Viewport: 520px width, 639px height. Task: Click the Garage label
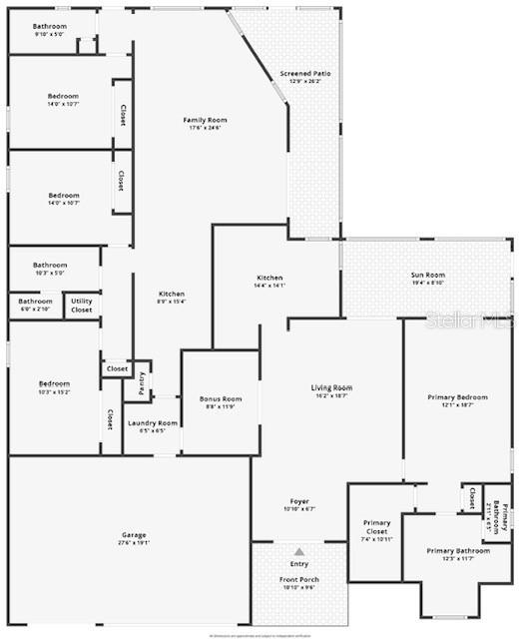(127, 535)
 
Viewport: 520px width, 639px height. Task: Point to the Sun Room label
(428, 275)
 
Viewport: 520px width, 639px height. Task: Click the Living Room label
(332, 387)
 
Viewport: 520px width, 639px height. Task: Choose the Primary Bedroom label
(458, 397)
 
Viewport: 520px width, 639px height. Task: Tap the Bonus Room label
(221, 399)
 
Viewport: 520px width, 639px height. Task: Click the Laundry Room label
(153, 423)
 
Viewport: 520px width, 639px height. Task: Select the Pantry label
(142, 381)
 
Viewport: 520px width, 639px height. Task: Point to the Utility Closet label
(82, 306)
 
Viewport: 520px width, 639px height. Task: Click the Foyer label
(300, 502)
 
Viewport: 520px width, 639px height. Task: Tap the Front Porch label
(299, 580)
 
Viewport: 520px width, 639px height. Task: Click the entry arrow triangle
(299, 550)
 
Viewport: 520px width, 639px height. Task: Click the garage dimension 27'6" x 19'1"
(127, 544)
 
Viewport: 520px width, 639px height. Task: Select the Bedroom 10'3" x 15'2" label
(54, 384)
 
